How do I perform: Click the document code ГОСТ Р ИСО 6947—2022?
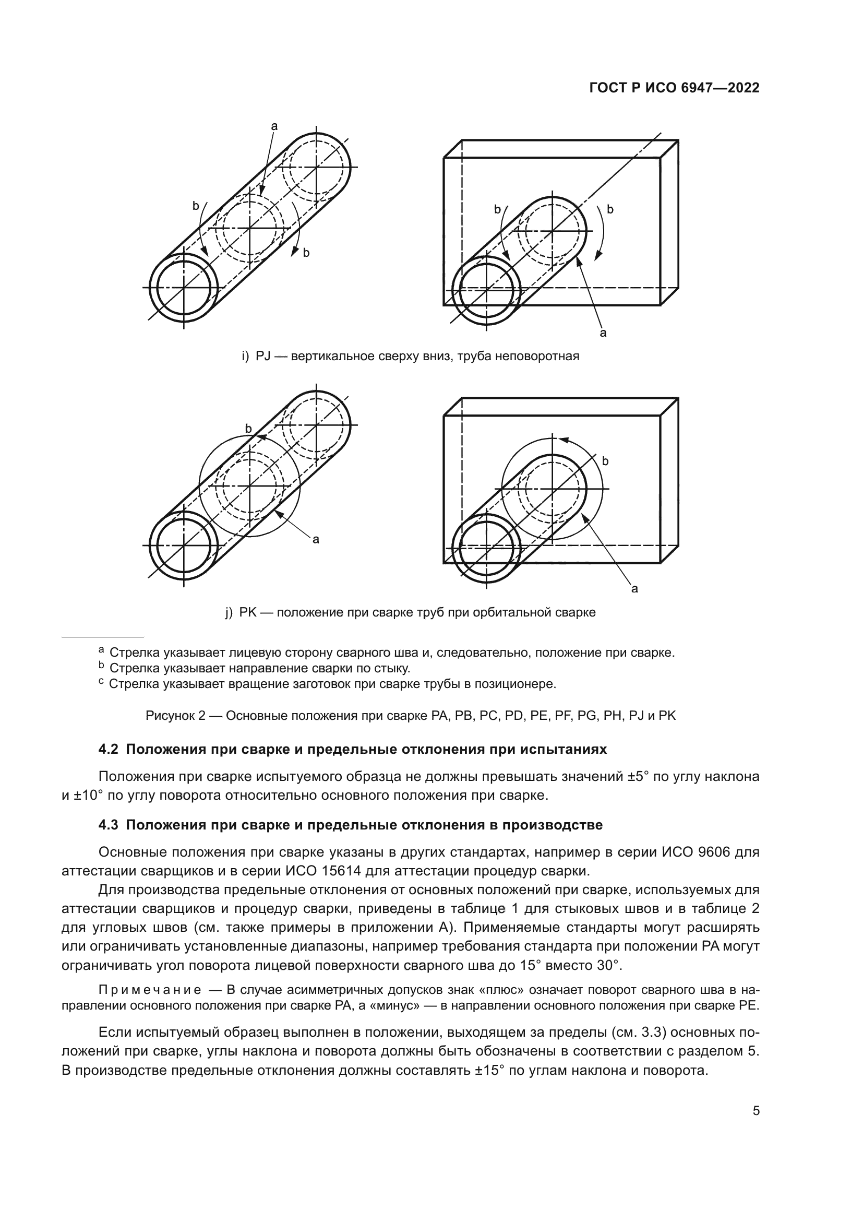[674, 88]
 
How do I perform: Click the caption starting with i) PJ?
[410, 357]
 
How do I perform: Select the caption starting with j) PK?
[410, 612]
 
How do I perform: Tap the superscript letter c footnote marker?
[101, 682]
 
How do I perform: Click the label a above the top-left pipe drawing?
[274, 126]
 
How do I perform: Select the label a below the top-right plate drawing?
[603, 334]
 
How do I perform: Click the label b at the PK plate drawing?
[605, 461]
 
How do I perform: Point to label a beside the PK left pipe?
[316, 540]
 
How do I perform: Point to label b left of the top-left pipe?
[196, 206]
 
